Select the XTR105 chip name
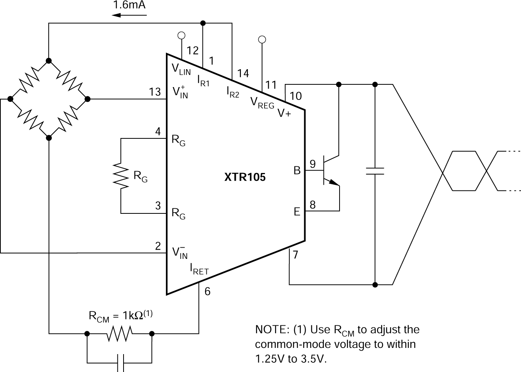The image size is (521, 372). click(245, 177)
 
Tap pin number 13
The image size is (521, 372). click(155, 92)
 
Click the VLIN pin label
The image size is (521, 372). click(181, 69)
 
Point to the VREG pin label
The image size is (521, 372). click(262, 103)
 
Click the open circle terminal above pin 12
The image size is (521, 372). click(181, 35)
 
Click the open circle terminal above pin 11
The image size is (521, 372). click(262, 39)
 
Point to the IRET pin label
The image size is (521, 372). click(199, 269)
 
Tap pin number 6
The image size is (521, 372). click(207, 291)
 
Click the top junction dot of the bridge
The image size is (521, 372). click(49, 60)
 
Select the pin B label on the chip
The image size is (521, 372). click(297, 170)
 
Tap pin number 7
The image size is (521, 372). click(295, 255)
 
